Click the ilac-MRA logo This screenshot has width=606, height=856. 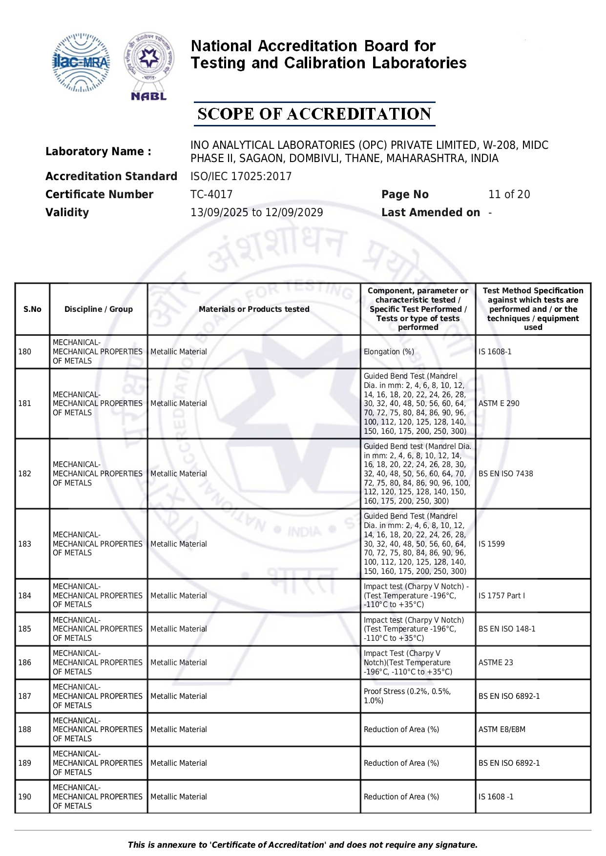(x=81, y=62)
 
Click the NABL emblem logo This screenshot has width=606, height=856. (x=149, y=66)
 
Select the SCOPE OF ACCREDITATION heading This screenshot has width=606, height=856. (x=314, y=114)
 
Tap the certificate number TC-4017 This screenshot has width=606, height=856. (x=211, y=194)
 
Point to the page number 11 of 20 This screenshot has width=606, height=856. (x=509, y=194)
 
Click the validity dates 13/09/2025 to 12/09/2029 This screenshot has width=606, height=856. (x=256, y=212)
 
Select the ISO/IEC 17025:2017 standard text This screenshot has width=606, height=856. (x=241, y=176)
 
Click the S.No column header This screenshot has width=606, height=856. (x=32, y=309)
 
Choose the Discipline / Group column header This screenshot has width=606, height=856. (x=99, y=309)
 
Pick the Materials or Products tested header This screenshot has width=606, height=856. (x=254, y=309)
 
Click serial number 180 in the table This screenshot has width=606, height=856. (x=25, y=351)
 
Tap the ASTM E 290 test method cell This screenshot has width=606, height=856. (x=499, y=403)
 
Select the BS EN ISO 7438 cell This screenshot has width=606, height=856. (x=505, y=473)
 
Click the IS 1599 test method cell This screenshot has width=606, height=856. (x=491, y=544)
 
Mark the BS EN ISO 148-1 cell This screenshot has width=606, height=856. (x=506, y=629)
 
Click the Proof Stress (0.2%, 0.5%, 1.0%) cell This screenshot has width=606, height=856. (x=407, y=696)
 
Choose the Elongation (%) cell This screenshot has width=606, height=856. (x=389, y=351)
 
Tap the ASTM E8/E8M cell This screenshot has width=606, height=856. (x=502, y=729)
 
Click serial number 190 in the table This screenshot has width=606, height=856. (x=25, y=796)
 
